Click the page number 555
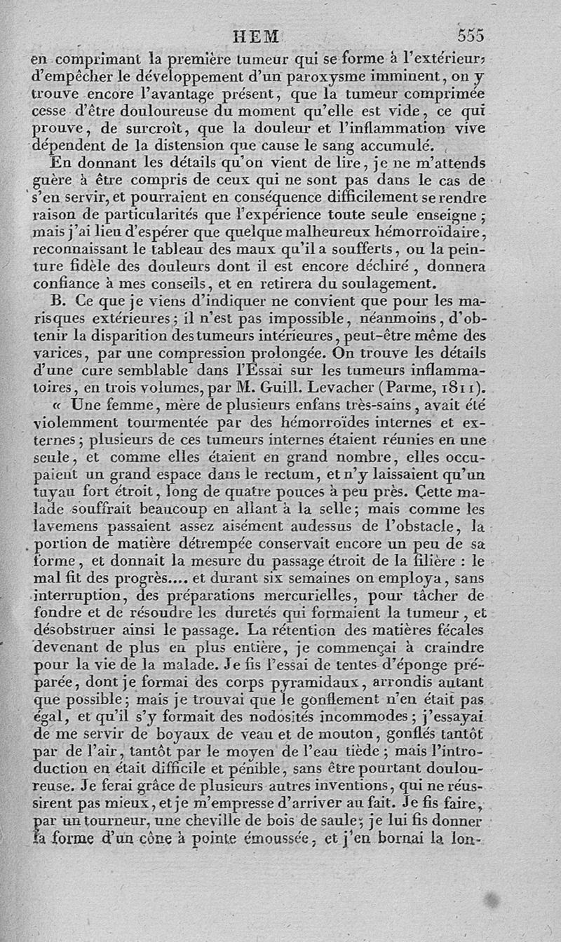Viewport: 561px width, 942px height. (471, 35)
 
